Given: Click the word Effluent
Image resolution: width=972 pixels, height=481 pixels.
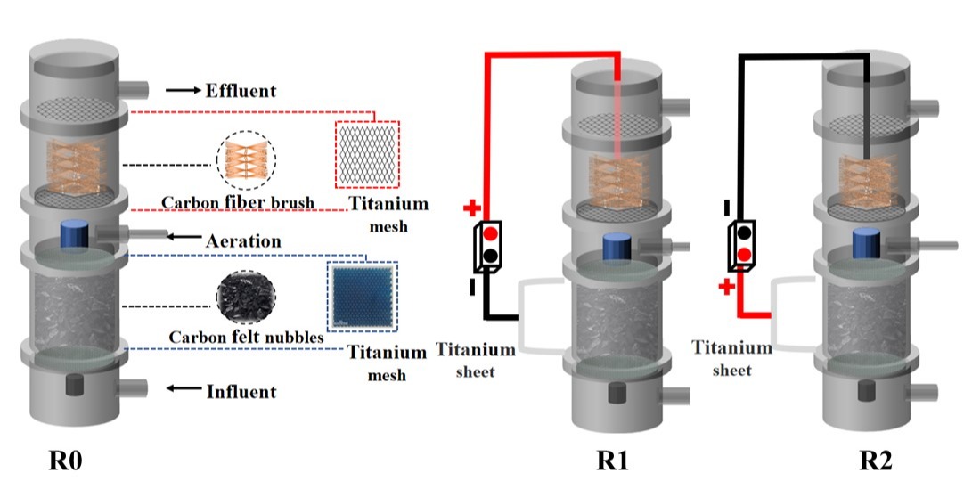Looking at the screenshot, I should pos(241,91).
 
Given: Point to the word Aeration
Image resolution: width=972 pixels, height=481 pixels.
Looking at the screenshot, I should pos(243,241).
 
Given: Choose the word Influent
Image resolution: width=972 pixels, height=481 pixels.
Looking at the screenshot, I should pos(241,391).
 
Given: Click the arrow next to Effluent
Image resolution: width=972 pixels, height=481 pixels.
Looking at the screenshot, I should pos(183,91).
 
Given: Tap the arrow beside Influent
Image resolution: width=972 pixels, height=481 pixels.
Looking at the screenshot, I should pos(184,389).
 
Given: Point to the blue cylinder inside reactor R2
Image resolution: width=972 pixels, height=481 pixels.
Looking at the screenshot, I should pos(867,243).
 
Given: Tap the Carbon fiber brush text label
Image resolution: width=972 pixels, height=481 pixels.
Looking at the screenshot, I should pos(238,203).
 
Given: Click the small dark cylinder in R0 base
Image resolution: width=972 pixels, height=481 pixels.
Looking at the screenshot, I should pos(73,385).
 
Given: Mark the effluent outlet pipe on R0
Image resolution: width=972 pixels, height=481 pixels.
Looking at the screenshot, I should pos(135,89).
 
